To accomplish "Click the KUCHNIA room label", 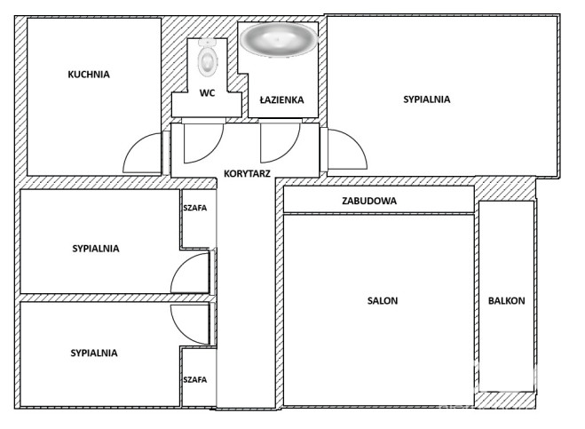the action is (89, 75).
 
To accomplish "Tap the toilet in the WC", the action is (208, 57).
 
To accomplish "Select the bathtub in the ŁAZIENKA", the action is (279, 40).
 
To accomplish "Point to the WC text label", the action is (207, 92).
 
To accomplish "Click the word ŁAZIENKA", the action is (281, 99).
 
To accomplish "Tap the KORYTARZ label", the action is (247, 173).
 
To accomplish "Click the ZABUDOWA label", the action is (369, 201).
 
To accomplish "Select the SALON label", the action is (383, 300).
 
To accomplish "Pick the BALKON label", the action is (507, 300).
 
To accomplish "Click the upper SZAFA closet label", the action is (194, 208).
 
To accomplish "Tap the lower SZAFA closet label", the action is (194, 380).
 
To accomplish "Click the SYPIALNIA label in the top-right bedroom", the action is (426, 99).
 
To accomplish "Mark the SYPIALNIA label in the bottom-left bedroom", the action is (94, 353).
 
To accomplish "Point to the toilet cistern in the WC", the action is (208, 43).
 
